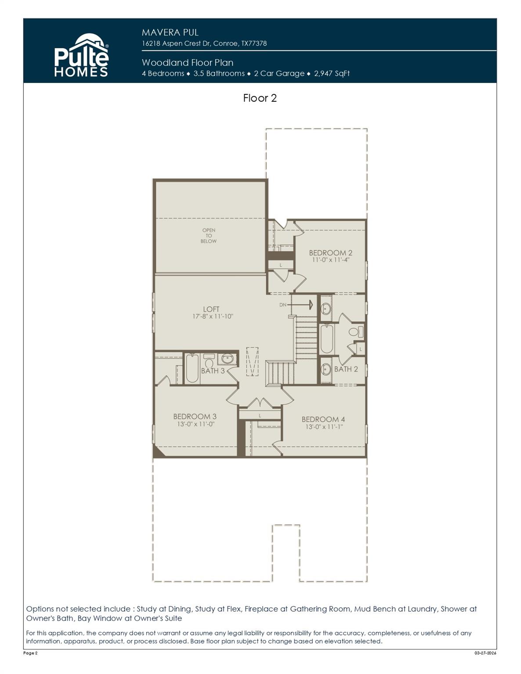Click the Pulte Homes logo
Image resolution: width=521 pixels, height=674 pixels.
pyautogui.click(x=81, y=56)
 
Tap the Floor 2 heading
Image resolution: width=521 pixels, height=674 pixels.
pyautogui.click(x=260, y=98)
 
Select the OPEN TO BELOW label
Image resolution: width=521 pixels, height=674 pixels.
pyautogui.click(x=209, y=236)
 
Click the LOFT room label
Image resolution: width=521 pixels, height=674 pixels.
pyautogui.click(x=211, y=309)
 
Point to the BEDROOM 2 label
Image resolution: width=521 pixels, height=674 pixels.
pyautogui.click(x=330, y=253)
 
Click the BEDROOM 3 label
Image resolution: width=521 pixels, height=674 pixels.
pyautogui.click(x=195, y=416)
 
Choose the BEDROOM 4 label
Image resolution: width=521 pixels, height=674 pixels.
pyautogui.click(x=323, y=419)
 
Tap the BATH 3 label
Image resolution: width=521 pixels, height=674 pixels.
pyautogui.click(x=213, y=371)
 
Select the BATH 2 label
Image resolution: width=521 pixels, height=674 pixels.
pyautogui.click(x=346, y=369)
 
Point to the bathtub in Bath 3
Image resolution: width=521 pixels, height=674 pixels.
pyautogui.click(x=192, y=368)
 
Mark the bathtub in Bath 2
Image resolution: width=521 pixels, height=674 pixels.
pyautogui.click(x=326, y=339)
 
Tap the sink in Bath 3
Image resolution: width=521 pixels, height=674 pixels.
pyautogui.click(x=227, y=359)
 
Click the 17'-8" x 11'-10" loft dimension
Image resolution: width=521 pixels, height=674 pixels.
pyautogui.click(x=213, y=316)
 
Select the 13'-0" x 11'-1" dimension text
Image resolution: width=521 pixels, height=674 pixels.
pyautogui.click(x=324, y=427)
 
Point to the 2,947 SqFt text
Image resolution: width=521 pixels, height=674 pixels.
pyautogui.click(x=332, y=73)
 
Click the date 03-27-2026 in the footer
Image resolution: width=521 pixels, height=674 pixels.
pyautogui.click(x=485, y=653)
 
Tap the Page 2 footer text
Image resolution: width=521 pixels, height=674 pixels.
pyautogui.click(x=30, y=653)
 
